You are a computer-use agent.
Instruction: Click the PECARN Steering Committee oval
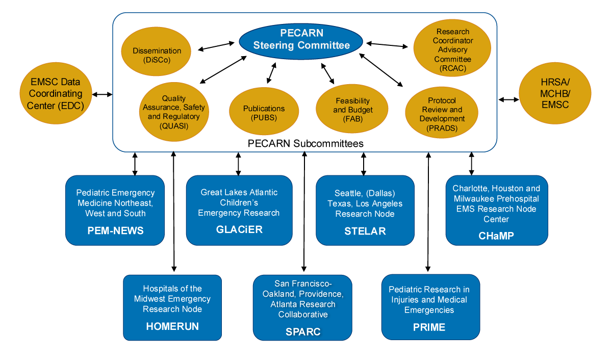[x=301, y=39]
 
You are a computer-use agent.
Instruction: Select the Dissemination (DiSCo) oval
[x=157, y=55]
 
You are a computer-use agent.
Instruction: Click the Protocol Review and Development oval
[x=442, y=114]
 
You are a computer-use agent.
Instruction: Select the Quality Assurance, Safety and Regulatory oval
[x=174, y=112]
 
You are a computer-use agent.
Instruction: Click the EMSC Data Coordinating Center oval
[x=56, y=94]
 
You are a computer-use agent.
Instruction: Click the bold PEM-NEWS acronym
[x=115, y=231]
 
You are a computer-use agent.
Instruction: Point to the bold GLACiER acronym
[x=239, y=229]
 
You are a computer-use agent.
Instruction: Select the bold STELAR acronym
[x=365, y=231]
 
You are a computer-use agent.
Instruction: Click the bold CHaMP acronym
[x=496, y=236]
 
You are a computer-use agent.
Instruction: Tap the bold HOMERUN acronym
[x=172, y=326]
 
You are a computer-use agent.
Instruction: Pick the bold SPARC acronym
[x=302, y=332]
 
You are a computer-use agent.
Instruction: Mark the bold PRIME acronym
[x=429, y=327]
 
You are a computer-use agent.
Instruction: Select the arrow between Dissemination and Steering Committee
[x=215, y=47]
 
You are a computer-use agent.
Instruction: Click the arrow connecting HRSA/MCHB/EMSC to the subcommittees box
[x=508, y=99]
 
